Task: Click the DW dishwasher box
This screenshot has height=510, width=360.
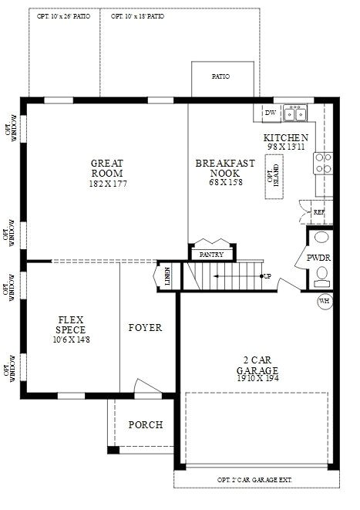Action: coord(270,113)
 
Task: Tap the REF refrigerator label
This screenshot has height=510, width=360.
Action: coord(318,211)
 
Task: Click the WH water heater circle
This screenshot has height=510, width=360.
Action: coord(325,300)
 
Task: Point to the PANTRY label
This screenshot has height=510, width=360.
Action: coord(210,254)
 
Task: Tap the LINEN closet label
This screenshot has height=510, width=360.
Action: coord(167,275)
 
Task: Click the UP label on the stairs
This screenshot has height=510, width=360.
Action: coord(267,275)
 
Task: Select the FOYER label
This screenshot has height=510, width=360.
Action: coord(145,328)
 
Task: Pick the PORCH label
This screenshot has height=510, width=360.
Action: coord(145,425)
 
